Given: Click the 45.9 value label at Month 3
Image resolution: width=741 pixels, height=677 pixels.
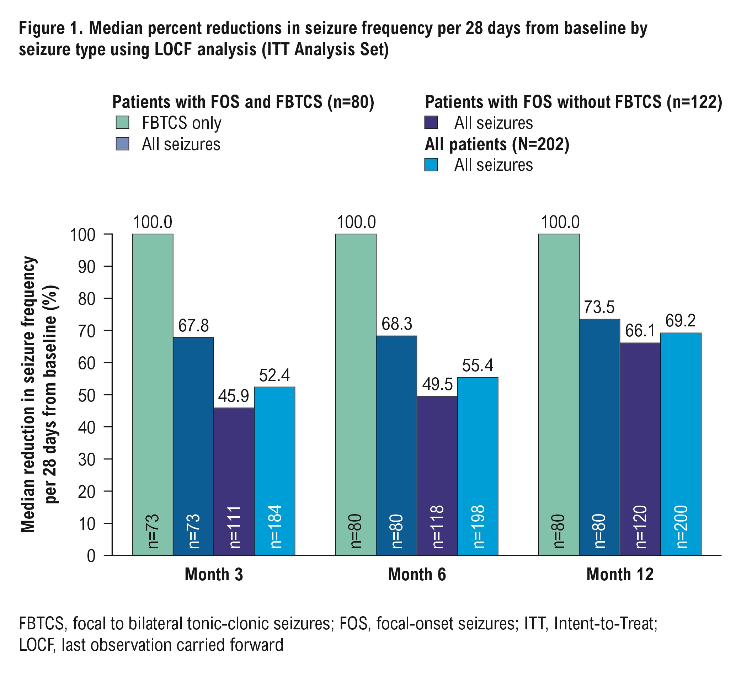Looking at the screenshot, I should pos(233,396).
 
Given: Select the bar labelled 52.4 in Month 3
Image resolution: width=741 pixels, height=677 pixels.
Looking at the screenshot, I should pos(274,470).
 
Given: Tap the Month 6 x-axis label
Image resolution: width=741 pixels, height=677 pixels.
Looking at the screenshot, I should pos(417,574).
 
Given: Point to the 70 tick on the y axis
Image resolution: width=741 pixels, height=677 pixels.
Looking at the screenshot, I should pos(87,331).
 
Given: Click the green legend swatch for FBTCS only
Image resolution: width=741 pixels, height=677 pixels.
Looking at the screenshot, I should pos(122,122).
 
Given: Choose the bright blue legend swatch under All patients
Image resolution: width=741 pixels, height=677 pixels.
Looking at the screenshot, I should pos(431,165).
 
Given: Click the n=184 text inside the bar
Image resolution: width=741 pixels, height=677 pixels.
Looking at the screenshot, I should pos(275,526).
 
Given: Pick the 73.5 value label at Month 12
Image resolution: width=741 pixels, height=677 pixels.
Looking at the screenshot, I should pos(599,307).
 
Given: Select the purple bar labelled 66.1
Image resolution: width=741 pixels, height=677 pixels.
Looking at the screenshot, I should pos(640,448).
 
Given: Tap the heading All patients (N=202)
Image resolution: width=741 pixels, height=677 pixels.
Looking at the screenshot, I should pos(497,144).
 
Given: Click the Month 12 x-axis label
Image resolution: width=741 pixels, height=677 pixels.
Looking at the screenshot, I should pos(620,574).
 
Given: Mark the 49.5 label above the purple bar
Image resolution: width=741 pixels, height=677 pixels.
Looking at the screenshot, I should pos(437,384).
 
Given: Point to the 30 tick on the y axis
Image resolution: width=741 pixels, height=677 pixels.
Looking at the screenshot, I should pos(87,459).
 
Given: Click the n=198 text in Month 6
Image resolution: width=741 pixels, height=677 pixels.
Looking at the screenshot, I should pos(478,526).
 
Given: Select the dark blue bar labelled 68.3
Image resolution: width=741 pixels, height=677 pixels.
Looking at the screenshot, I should pos(396,445).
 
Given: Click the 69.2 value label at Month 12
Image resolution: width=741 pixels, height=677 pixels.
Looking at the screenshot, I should pos(680,321).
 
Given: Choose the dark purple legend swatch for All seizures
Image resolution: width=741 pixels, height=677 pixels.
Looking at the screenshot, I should pos(431,122).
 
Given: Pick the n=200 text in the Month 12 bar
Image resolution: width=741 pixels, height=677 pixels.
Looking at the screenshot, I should pos(681,526).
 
